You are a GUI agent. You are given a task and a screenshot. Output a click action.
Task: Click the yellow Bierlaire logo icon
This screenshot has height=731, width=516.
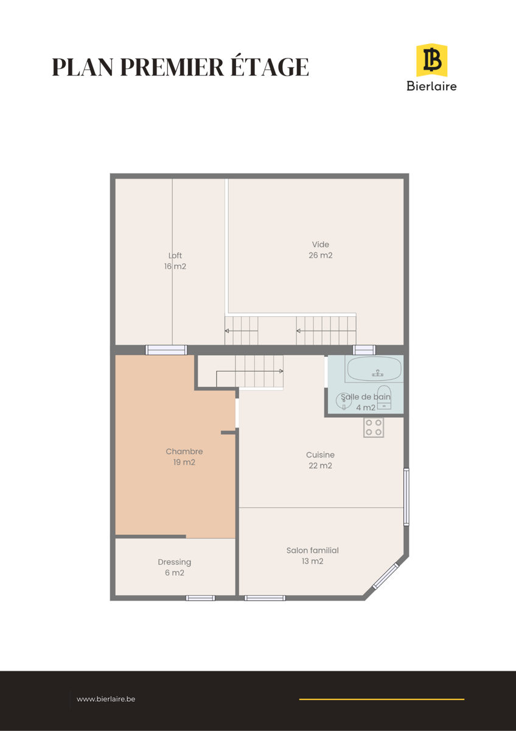click(431, 60)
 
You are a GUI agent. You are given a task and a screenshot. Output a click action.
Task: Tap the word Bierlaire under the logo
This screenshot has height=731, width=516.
click(431, 86)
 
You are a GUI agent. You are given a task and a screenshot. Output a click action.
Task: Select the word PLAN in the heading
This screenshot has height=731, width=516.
click(83, 67)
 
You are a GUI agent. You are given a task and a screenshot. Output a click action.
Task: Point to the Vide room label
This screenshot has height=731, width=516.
click(321, 244)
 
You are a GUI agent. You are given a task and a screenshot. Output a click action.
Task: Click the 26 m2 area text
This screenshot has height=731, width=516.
click(321, 255)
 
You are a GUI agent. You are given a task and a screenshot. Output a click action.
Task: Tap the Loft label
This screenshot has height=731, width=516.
click(175, 255)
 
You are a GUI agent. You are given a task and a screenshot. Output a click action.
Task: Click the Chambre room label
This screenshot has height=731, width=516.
click(184, 451)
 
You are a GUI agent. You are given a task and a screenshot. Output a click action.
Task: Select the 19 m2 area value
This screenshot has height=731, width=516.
click(184, 462)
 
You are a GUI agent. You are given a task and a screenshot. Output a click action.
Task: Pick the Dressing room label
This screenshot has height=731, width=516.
click(175, 562)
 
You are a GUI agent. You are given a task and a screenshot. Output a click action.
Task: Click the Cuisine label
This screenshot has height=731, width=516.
click(320, 454)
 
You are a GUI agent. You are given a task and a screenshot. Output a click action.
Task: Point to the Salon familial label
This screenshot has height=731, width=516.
click(313, 550)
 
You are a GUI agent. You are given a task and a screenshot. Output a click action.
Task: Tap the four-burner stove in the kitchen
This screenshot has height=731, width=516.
click(374, 428)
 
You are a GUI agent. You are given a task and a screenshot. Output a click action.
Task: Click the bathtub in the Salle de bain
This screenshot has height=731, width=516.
click(374, 369)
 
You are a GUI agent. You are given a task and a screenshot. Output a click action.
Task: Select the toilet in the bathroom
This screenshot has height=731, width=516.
click(384, 397)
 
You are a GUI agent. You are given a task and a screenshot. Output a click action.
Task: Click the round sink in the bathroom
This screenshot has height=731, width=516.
click(344, 401)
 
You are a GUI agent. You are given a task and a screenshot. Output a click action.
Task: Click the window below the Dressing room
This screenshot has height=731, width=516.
click(200, 598)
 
